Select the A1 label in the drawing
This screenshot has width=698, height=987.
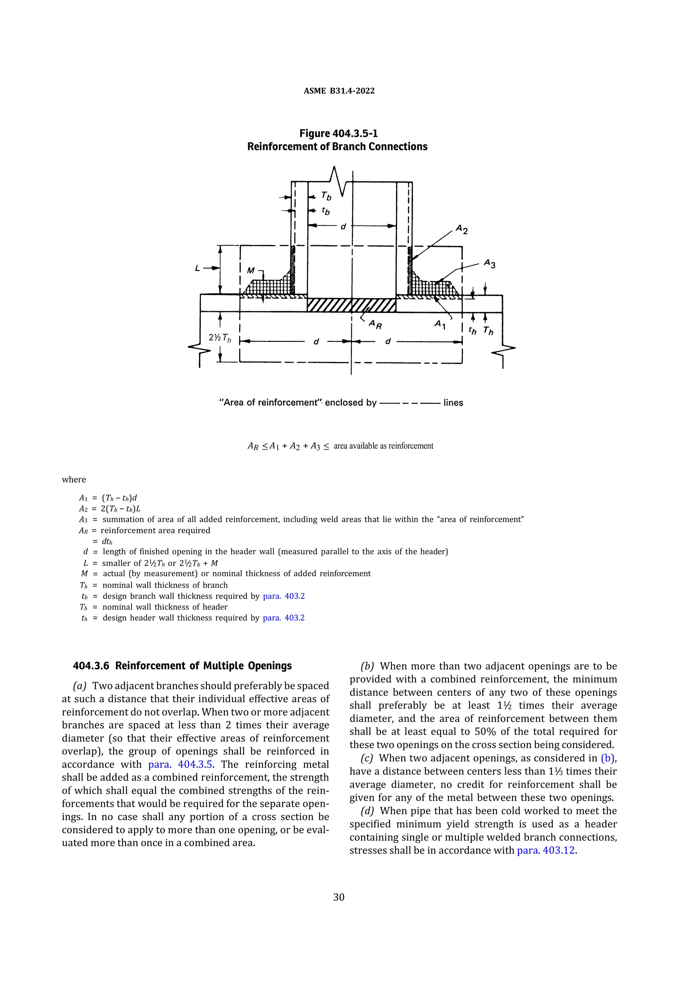(x=440, y=324)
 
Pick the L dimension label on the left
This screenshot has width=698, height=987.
(x=197, y=268)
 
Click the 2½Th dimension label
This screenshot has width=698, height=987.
(x=220, y=338)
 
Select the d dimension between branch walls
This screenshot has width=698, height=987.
(x=343, y=226)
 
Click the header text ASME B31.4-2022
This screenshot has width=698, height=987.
(x=339, y=91)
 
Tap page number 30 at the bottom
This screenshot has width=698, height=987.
(x=338, y=897)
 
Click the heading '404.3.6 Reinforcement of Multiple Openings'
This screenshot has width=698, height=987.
(x=182, y=666)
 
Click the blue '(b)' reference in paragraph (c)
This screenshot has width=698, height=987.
(x=608, y=758)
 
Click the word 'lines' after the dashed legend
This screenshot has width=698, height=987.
(x=453, y=403)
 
